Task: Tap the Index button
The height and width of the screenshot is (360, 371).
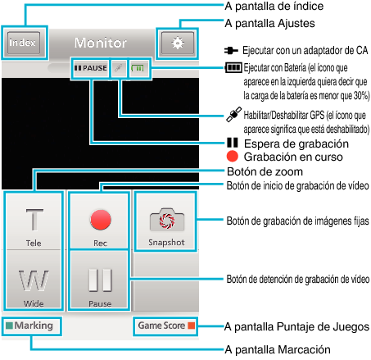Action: pyautogui.click(x=24, y=43)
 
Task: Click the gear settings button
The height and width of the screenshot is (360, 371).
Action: pyautogui.click(x=178, y=43)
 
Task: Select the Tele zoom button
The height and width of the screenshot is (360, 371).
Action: pyautogui.click(x=34, y=221)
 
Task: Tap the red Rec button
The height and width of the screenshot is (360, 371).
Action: pyautogui.click(x=100, y=221)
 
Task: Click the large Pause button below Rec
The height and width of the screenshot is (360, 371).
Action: pyautogui.click(x=100, y=280)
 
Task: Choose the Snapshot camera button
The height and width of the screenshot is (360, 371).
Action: pyautogui.click(x=166, y=221)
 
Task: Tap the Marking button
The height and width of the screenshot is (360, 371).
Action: pyautogui.click(x=32, y=326)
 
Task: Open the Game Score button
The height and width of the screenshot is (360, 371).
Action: pyautogui.click(x=165, y=326)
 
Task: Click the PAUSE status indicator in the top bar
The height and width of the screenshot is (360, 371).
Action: pyautogui.click(x=91, y=68)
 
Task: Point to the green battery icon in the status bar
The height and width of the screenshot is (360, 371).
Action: pyautogui.click(x=138, y=68)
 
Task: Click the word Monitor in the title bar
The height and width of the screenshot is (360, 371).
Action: pyautogui.click(x=101, y=43)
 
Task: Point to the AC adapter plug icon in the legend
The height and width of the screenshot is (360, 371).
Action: pyautogui.click(x=231, y=51)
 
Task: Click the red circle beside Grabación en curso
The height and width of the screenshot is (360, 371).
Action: pyautogui.click(x=233, y=157)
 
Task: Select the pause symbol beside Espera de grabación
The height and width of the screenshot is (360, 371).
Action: pyautogui.click(x=233, y=143)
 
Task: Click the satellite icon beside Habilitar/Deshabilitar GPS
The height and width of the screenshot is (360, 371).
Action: pyautogui.click(x=234, y=114)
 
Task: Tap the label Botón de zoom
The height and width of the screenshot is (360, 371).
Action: pyautogui.click(x=265, y=171)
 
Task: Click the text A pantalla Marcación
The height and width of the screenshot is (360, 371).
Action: pyautogui.click(x=278, y=349)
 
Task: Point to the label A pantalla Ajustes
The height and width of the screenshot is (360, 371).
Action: pyautogui.click(x=269, y=24)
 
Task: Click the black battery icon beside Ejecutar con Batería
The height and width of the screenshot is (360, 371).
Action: pyautogui.click(x=233, y=67)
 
